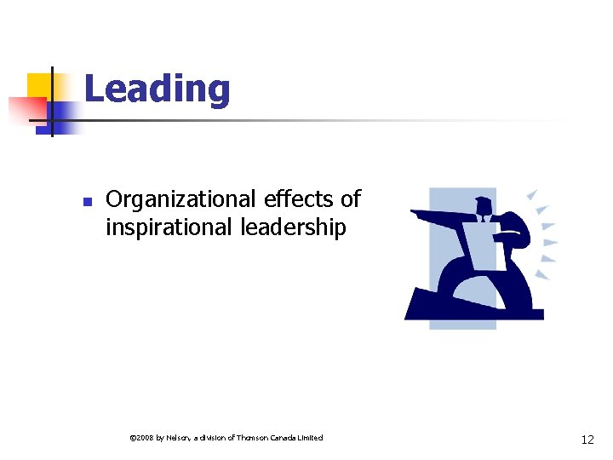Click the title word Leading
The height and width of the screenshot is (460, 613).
pos(157,89)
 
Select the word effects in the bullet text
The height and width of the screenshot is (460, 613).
pos(298,199)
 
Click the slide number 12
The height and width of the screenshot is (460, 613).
pos(587,440)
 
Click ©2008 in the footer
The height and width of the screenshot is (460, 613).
pos(140,438)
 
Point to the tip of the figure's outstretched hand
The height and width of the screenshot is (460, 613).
pos(414,212)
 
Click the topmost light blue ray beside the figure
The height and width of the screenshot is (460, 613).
pos(533,194)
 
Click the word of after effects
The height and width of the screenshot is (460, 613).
pos(350,199)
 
